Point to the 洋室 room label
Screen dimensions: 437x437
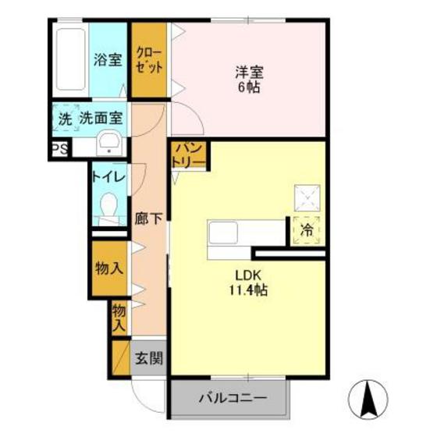[x=250, y=73]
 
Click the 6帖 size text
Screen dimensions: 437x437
[x=250, y=87]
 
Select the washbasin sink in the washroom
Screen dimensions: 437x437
[x=108, y=142]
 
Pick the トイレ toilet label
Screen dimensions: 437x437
[x=108, y=176]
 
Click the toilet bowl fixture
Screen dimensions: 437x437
[x=108, y=207]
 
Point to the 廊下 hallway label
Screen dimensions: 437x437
[x=148, y=219]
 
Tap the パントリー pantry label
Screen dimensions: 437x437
[x=190, y=154]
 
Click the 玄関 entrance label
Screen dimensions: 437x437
[x=147, y=360]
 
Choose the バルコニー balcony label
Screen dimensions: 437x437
[x=232, y=398]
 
